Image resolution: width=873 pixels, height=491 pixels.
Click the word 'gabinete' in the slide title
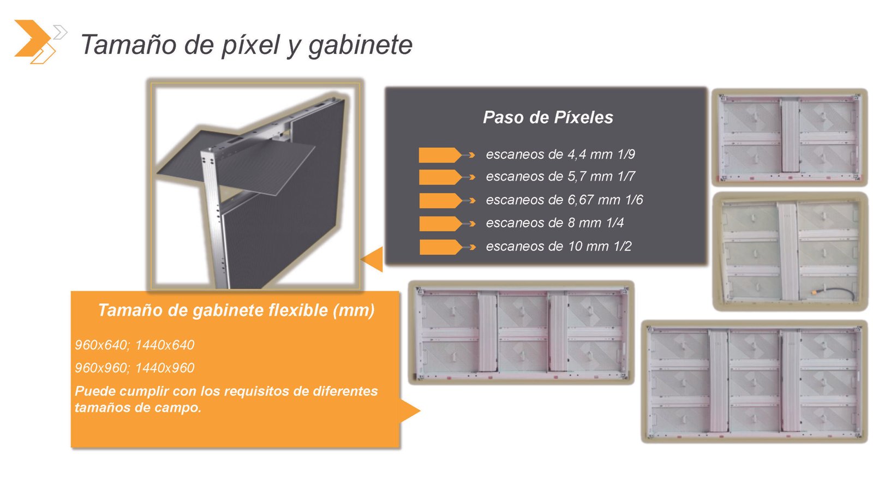pos(360,45)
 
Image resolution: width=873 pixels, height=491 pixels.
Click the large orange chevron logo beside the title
pos(33,38)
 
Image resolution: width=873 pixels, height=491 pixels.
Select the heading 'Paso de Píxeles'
pos(548,117)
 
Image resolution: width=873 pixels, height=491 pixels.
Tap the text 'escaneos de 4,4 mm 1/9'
pos(560,154)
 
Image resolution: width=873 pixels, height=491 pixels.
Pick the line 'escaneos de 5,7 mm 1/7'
pos(560,177)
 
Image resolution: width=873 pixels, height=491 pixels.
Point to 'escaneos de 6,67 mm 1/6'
pos(564,200)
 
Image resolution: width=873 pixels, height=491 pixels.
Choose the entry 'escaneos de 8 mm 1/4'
pos(554,223)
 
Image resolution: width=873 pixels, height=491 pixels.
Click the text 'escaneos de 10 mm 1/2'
pos(559,246)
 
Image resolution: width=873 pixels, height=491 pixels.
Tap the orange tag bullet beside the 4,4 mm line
pos(440,155)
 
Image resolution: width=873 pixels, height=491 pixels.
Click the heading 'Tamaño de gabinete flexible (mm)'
pos(236,310)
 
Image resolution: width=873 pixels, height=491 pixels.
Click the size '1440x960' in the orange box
pos(165,368)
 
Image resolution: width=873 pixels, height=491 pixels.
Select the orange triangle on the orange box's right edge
pos(409,410)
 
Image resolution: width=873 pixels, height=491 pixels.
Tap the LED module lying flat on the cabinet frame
pos(236,163)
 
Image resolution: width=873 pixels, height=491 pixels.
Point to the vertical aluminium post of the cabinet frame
pos(212,218)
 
